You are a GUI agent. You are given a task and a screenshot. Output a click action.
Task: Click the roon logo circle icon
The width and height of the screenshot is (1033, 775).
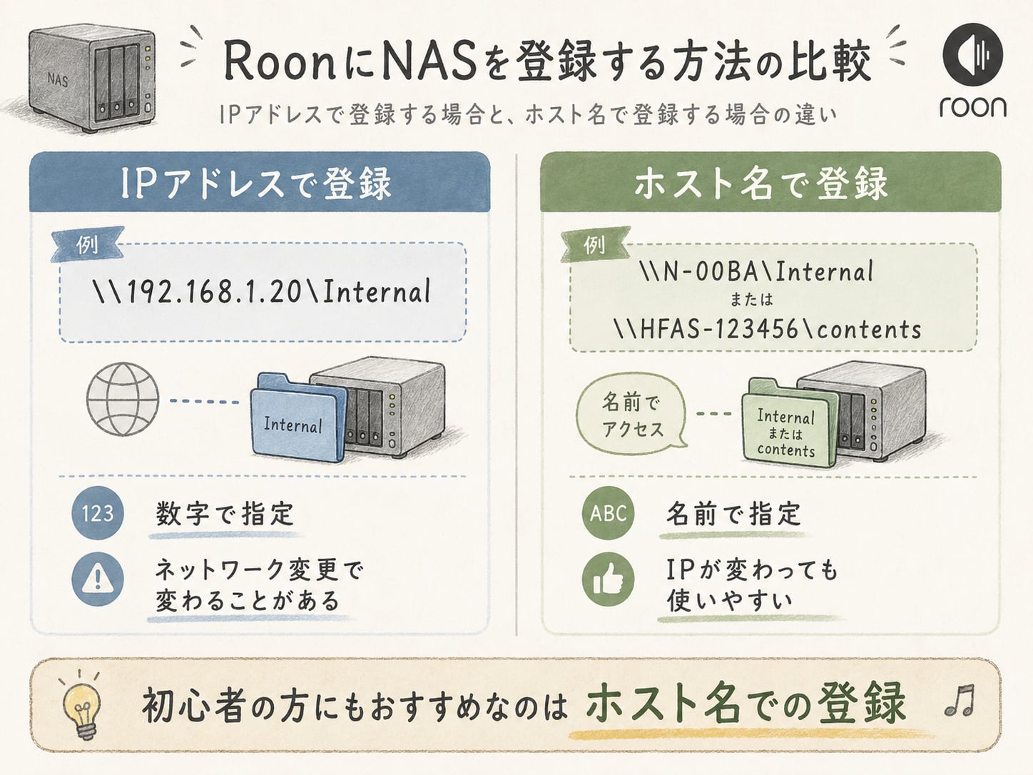(x=973, y=54)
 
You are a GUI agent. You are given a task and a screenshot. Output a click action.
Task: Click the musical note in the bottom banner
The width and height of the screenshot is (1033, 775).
(x=960, y=700)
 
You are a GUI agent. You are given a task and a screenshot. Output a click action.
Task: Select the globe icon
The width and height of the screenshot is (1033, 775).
(x=123, y=398)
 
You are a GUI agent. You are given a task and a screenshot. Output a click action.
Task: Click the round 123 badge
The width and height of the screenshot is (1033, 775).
(x=98, y=513)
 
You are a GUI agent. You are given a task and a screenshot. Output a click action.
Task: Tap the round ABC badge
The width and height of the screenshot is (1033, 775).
(x=608, y=513)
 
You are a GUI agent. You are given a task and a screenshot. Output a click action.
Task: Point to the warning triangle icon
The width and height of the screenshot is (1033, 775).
(x=98, y=579)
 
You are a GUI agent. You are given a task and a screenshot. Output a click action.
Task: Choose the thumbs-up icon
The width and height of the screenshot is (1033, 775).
(x=608, y=579)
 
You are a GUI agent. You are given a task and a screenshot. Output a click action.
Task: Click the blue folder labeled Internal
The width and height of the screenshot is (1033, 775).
(x=294, y=419)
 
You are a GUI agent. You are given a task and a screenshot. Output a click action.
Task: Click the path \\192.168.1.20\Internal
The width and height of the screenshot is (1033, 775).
(x=262, y=292)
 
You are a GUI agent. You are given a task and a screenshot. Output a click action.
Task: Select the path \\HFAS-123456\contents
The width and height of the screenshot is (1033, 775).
(x=768, y=329)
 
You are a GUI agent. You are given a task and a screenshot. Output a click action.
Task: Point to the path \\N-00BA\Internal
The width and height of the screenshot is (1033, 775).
(x=755, y=271)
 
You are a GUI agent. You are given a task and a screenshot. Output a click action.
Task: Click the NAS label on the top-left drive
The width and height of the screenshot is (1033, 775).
(x=57, y=79)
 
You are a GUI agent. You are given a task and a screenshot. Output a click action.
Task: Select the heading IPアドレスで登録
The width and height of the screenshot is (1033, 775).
(x=256, y=183)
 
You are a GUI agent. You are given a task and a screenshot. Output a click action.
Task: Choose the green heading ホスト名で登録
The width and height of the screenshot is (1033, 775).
(x=761, y=183)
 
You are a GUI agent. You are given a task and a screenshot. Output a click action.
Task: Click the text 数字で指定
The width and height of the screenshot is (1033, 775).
(x=225, y=513)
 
